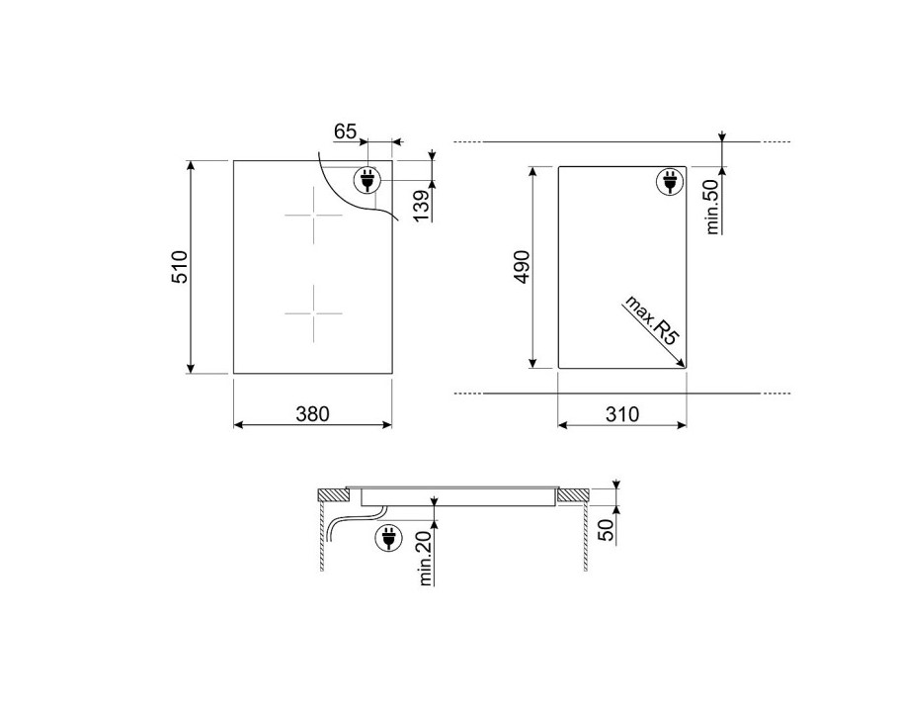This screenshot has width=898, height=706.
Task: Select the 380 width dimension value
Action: point(313,413)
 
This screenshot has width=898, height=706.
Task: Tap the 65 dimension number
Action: point(346,132)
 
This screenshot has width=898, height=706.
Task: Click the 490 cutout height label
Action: point(523,267)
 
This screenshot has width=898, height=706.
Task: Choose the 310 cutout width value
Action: point(622,413)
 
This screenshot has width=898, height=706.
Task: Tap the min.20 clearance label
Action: point(425,558)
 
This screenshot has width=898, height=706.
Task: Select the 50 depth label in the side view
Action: point(606,530)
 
